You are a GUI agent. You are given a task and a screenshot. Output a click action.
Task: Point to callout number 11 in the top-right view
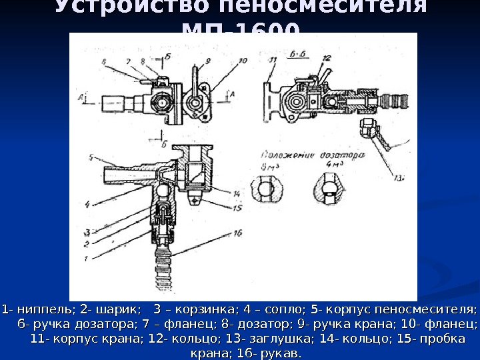tap(273, 60)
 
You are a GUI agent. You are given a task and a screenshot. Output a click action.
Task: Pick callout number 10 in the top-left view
tap(241, 61)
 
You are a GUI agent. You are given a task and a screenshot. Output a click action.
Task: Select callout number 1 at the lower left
tap(86, 258)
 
